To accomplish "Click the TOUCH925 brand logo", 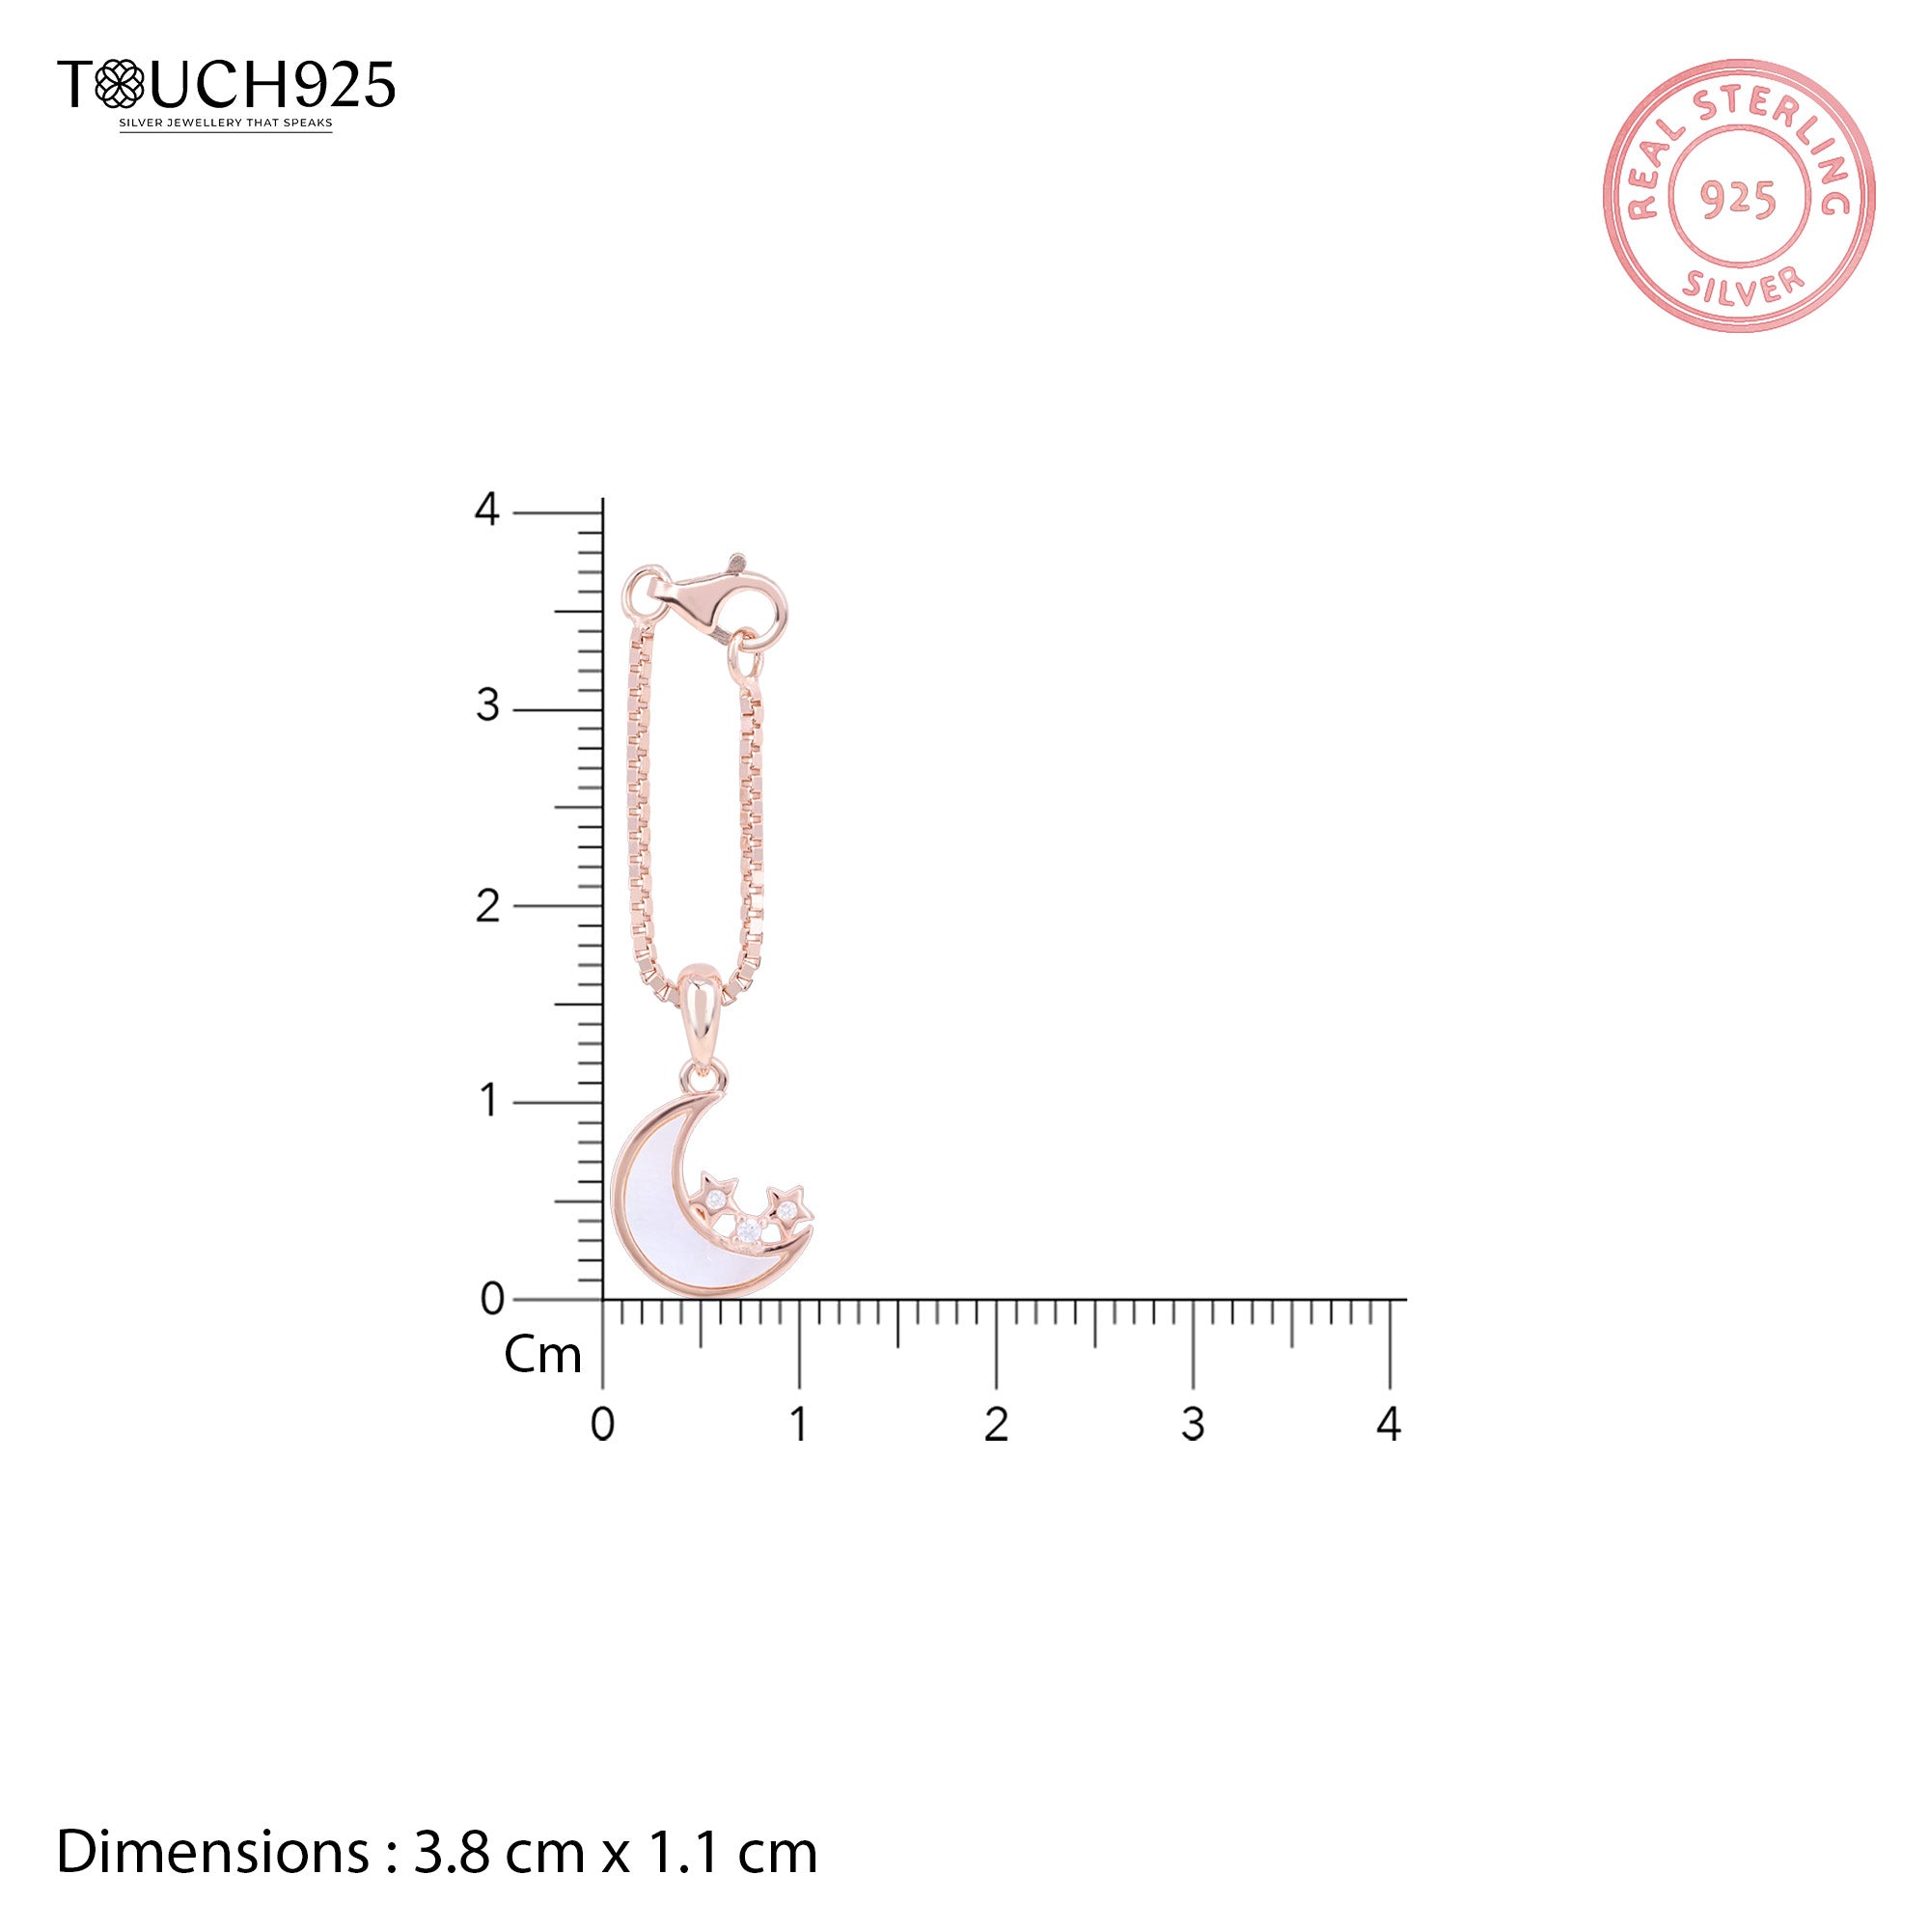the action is coord(227,84).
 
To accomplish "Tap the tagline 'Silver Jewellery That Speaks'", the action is coord(226,124).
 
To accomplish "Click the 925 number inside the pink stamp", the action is coord(1738,200).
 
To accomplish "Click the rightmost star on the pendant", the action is coord(789,1208).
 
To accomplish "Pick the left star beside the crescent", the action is coord(717,1195).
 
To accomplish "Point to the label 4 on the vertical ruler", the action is coord(486,510).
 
